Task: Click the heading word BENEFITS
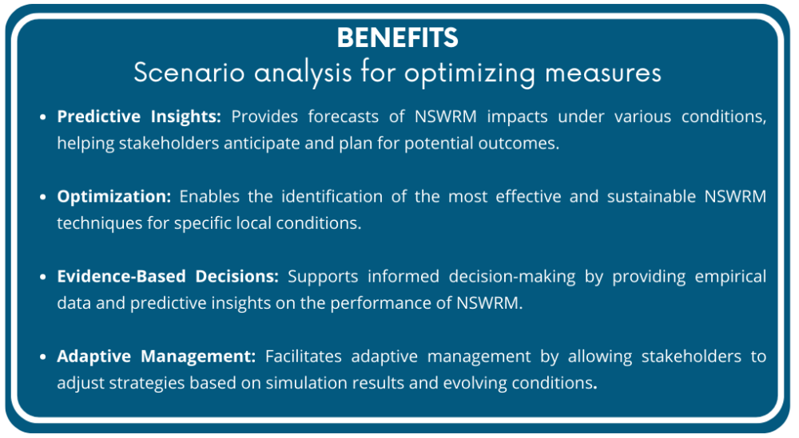point(397,37)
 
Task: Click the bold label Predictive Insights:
point(139,116)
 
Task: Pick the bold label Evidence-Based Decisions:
point(168,276)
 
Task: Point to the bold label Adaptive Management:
point(157,356)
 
